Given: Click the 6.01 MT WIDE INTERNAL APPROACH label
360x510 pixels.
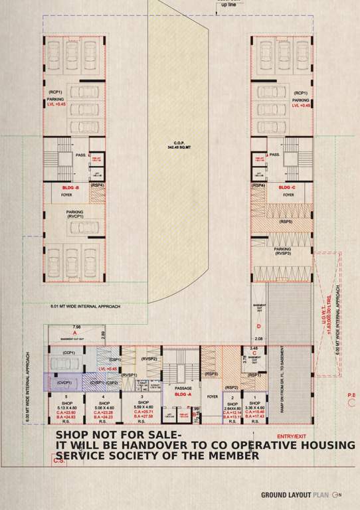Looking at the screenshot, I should [85, 307].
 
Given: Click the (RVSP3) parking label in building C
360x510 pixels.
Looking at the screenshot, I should [284, 253].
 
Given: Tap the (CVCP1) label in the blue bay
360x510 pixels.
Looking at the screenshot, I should [64, 382].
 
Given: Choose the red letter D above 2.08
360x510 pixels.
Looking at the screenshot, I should [259, 326].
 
